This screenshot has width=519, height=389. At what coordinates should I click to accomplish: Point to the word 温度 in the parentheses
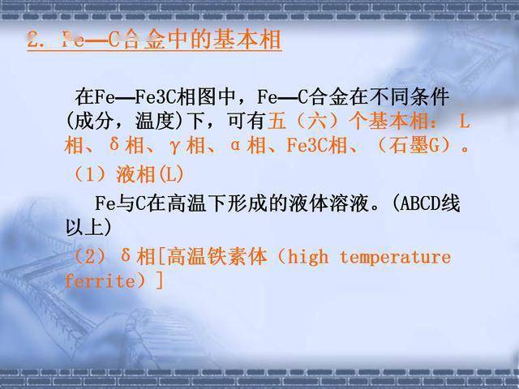[x=145, y=122]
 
